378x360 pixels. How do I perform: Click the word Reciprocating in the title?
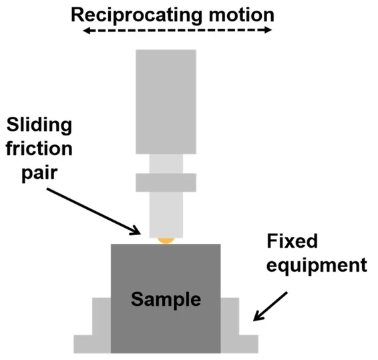[x=136, y=16]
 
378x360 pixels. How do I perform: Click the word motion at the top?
[x=242, y=15]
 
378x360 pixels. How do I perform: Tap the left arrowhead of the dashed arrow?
[x=86, y=30]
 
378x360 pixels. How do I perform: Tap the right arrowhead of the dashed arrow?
[x=268, y=30]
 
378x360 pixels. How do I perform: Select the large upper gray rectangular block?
[x=166, y=102]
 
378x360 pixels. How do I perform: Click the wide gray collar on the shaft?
[x=166, y=182]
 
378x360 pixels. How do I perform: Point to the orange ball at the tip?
[x=166, y=240]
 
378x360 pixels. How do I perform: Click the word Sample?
[x=166, y=299]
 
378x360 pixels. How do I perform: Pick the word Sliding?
[x=39, y=126]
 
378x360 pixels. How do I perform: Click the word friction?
[x=39, y=148]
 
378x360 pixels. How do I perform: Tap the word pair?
[x=39, y=173]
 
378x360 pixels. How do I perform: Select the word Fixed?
[x=292, y=241]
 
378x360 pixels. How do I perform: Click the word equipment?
[x=317, y=265]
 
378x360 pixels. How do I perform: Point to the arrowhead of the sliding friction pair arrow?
[x=136, y=231]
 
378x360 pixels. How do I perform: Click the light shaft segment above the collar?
[x=166, y=164]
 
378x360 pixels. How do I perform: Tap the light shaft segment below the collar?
[x=166, y=215]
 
